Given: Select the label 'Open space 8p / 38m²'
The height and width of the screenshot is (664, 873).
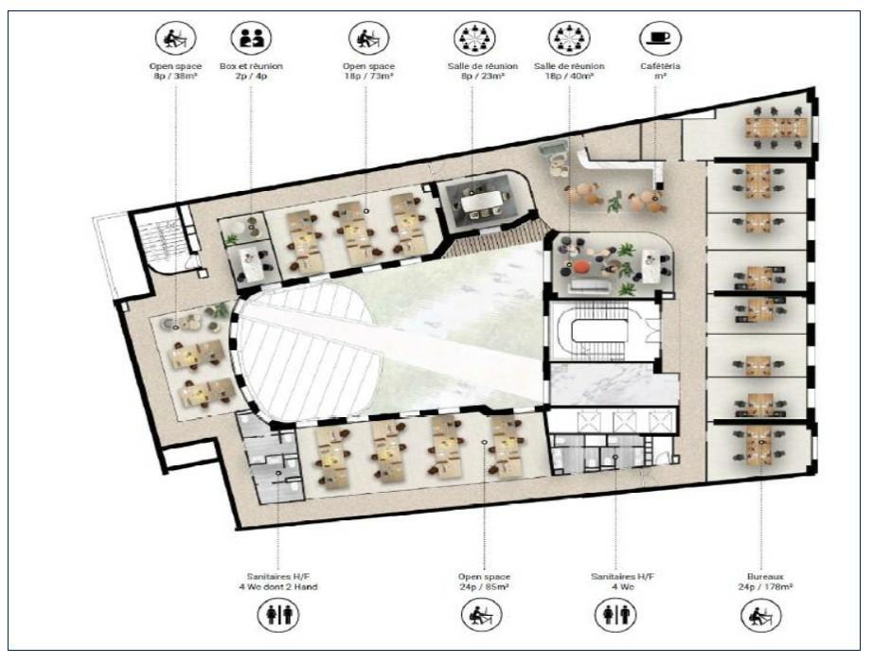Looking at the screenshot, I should (175, 70).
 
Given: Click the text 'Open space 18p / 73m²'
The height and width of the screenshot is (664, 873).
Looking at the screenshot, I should (367, 70).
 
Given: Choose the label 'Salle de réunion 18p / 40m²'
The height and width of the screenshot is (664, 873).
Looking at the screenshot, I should (568, 70).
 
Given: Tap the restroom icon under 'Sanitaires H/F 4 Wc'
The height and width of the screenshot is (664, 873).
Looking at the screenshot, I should (615, 615).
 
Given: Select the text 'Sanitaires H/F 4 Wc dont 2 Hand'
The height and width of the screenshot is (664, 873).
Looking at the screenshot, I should (278, 581).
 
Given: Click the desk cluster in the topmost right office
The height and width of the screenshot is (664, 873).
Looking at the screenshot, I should (775, 127).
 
